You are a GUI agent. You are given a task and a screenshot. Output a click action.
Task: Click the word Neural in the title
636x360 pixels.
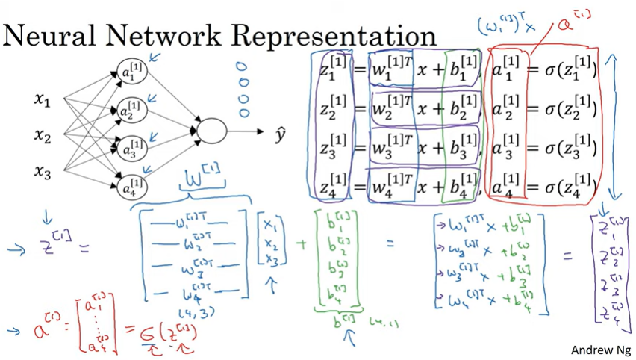pyautogui.click(x=53, y=36)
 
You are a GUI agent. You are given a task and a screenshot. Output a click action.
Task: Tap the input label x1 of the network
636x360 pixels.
pyautogui.click(x=42, y=99)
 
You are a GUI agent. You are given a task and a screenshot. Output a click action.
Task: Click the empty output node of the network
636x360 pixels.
pyautogui.click(x=211, y=131)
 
